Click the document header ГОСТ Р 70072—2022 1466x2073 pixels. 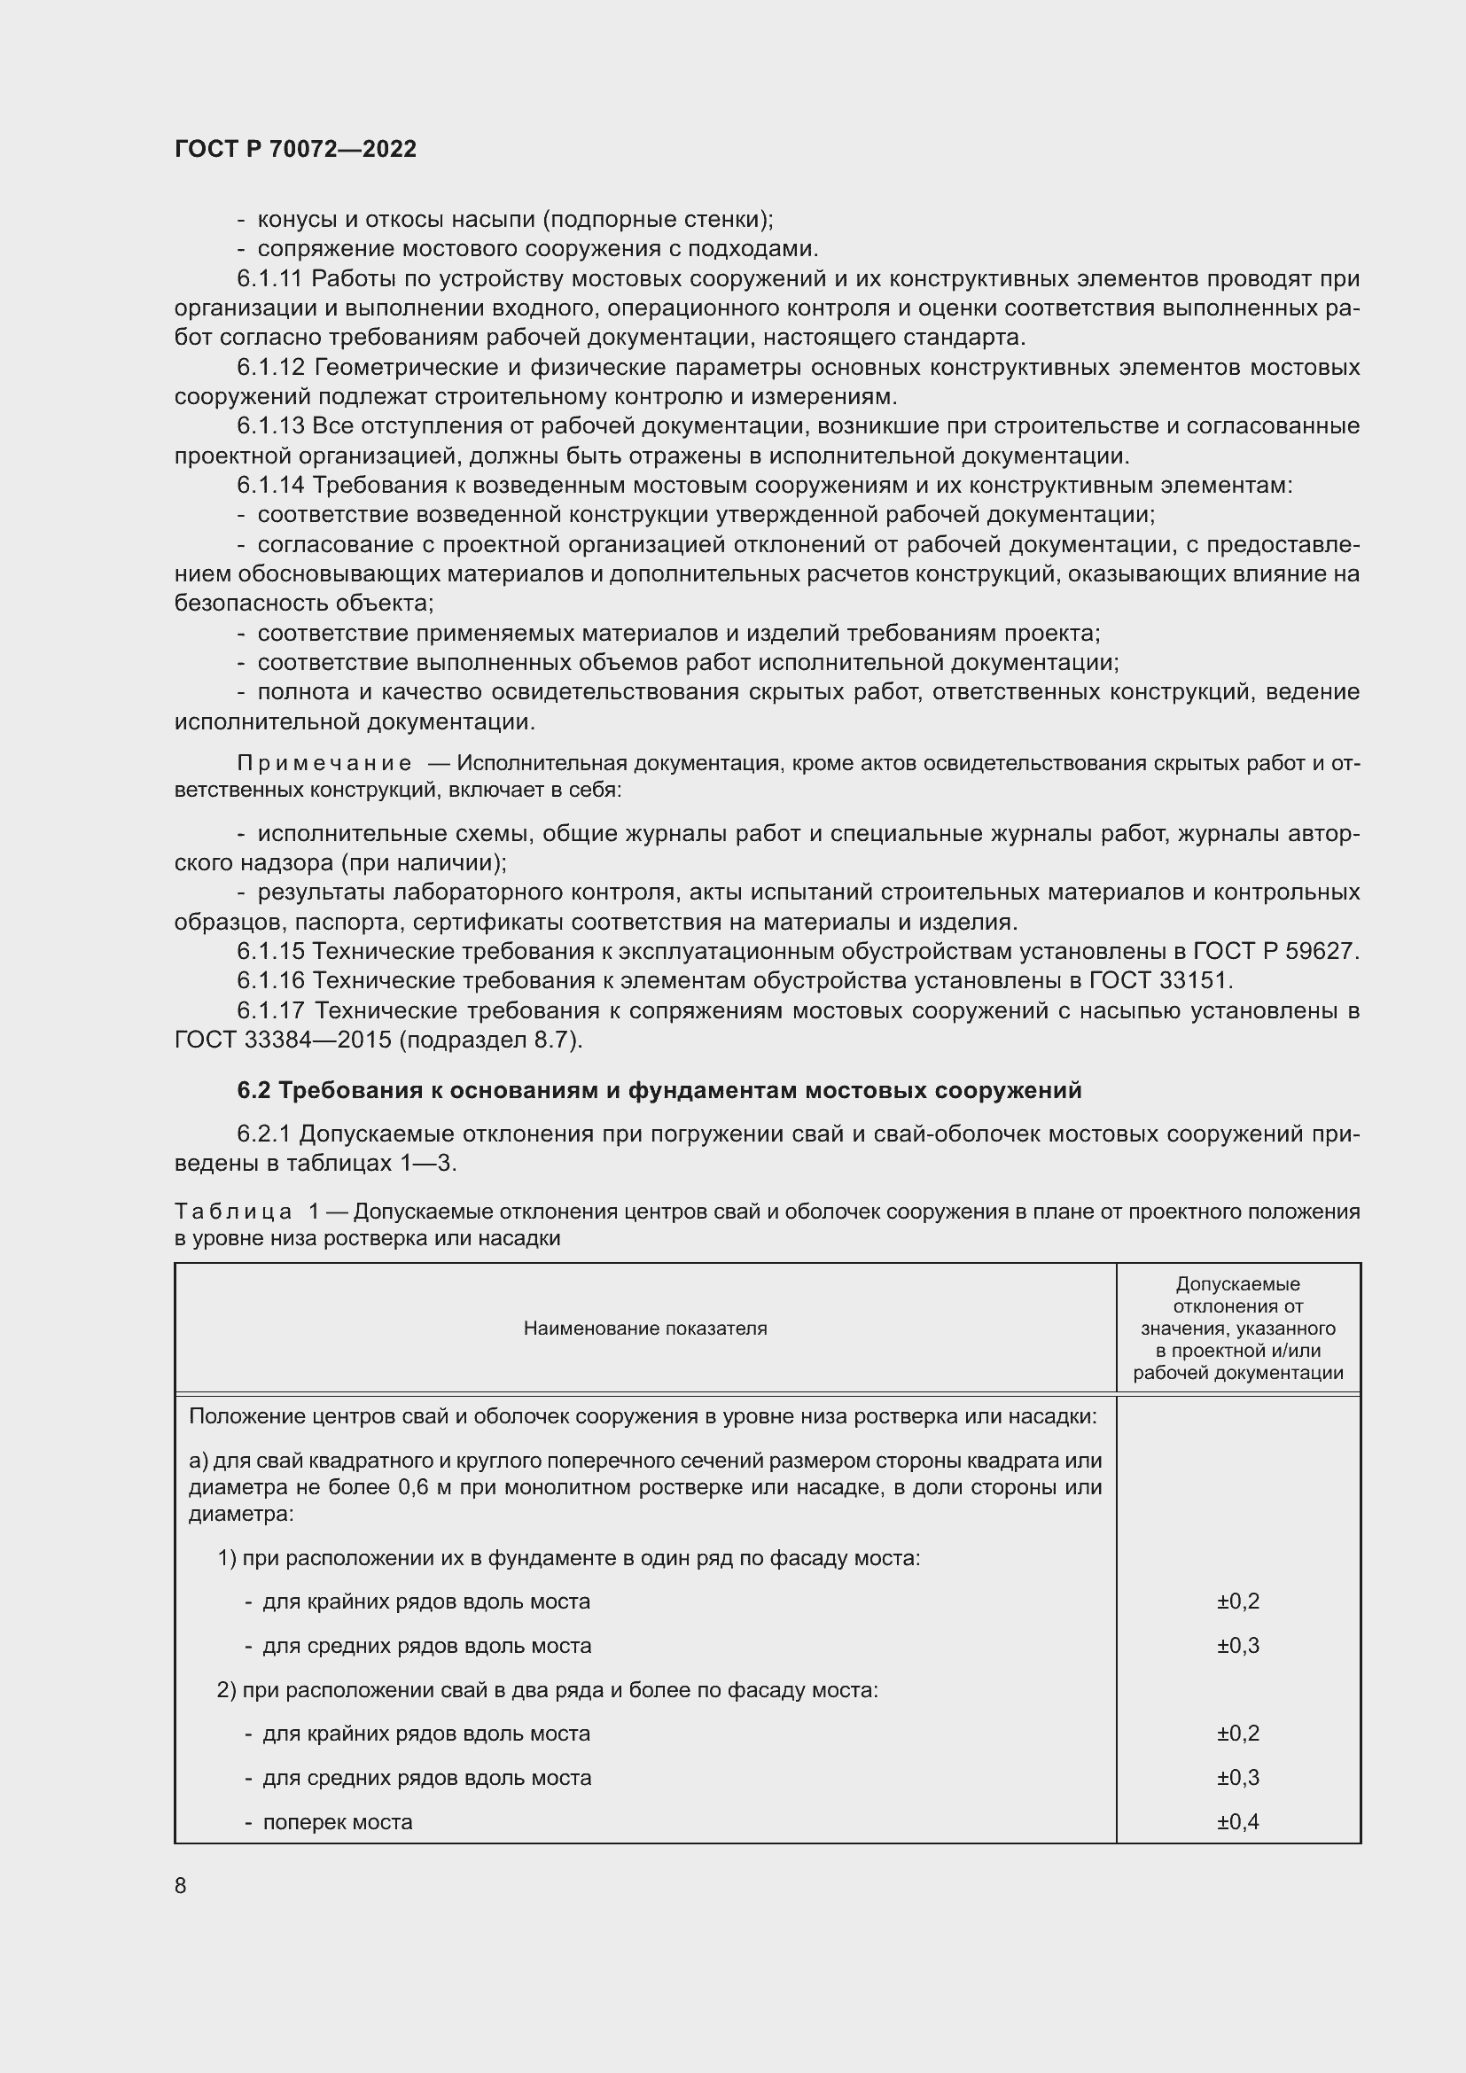(x=295, y=150)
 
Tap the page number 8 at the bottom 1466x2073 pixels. (x=181, y=1885)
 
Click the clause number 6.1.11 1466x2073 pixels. (x=270, y=279)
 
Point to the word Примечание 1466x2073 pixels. (x=324, y=763)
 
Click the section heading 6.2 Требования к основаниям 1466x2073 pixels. (x=659, y=1091)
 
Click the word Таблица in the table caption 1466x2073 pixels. (x=233, y=1211)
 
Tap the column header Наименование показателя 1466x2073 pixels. (x=644, y=1329)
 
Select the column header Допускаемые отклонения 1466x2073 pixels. (x=1237, y=1329)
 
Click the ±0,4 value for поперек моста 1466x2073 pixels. (x=1237, y=1821)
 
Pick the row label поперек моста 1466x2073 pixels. (x=337, y=1821)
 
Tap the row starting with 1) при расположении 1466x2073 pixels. (x=569, y=1558)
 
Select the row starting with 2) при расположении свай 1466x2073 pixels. (x=547, y=1689)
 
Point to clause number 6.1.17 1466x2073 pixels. (x=270, y=1010)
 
